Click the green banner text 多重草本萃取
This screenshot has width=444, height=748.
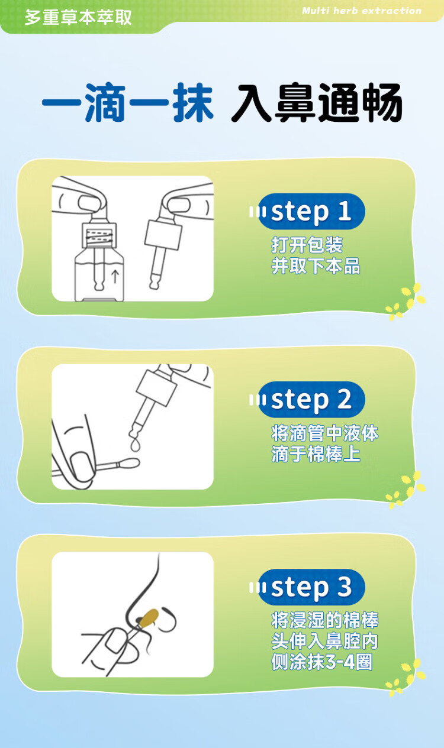78,17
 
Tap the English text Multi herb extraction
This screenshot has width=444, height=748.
362,11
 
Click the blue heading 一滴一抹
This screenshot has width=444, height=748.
128,102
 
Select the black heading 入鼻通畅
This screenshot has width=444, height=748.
317,102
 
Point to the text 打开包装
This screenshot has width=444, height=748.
307,245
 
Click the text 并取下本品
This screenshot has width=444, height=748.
316,266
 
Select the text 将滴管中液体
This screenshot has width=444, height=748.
324,433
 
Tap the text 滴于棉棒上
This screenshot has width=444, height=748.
316,454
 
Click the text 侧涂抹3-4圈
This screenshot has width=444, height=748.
321,662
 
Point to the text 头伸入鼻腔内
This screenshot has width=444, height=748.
324,641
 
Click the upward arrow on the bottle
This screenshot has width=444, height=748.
115,277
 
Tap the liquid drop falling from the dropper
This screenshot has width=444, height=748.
136,445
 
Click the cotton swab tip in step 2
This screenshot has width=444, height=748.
128,463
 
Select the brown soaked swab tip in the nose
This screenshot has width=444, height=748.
149,617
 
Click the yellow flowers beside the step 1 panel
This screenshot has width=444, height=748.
406,302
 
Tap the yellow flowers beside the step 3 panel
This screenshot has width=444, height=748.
406,678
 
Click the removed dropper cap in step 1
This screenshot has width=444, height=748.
163,235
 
